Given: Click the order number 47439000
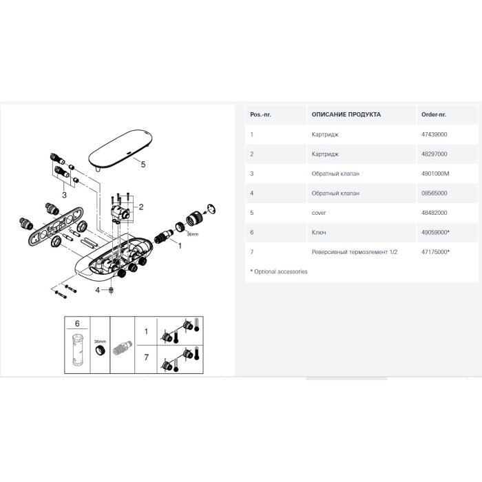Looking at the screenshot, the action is (434, 134).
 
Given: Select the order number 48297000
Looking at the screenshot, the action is (434, 154).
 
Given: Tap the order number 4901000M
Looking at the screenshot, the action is (435, 174).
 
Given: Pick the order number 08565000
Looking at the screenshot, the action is (434, 193).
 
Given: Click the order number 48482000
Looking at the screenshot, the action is (434, 213).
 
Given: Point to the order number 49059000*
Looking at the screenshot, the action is (435, 233).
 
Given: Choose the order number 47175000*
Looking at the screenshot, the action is (435, 252).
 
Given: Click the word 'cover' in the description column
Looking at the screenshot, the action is (318, 213).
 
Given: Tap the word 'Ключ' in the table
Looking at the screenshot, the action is (319, 233).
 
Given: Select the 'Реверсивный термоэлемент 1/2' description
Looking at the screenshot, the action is (355, 252).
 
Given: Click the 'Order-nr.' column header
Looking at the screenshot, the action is (433, 114).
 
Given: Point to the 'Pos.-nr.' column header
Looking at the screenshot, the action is (260, 114).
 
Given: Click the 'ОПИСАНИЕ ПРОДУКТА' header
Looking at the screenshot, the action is (346, 114).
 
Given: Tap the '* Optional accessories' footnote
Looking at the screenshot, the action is (279, 272).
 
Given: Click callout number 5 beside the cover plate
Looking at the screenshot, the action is (143, 165).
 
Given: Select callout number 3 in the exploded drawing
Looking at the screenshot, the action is (64, 195).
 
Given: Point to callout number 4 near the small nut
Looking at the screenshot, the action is (98, 290).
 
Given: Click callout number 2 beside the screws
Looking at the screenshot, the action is (141, 207).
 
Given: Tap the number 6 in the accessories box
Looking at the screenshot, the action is (77, 324).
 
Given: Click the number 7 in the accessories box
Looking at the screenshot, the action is (146, 357).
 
